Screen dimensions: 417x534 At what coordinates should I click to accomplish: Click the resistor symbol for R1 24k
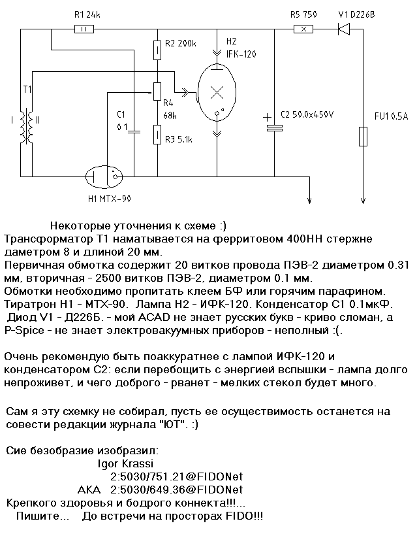point(84,29)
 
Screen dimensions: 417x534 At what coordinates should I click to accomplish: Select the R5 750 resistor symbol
point(303,29)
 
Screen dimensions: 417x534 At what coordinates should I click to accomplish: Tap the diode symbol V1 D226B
point(344,29)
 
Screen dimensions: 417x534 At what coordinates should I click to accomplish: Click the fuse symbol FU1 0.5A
point(363,136)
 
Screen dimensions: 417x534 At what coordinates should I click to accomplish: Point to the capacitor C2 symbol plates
point(274,127)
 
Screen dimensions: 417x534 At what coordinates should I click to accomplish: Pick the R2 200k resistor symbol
point(157,50)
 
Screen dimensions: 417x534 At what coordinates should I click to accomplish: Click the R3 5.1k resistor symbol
point(157,135)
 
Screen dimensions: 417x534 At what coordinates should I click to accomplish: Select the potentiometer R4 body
point(157,92)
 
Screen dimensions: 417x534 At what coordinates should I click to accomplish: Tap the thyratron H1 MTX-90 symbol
point(103,176)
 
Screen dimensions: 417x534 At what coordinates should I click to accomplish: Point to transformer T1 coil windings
point(26,126)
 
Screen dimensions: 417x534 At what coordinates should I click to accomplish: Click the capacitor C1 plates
point(134,131)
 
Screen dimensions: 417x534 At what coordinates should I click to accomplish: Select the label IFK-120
point(241,54)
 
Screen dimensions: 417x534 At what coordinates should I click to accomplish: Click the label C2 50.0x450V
point(307,114)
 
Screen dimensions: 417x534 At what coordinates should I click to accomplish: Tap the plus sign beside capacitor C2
point(268,118)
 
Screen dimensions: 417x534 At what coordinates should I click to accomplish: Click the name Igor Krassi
point(125,463)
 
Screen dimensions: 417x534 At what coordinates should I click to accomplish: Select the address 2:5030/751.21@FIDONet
point(177,476)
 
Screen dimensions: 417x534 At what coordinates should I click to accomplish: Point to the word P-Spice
point(24,331)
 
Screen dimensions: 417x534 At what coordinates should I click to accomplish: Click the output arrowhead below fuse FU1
point(363,201)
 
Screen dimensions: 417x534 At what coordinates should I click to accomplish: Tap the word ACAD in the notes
point(154,318)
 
